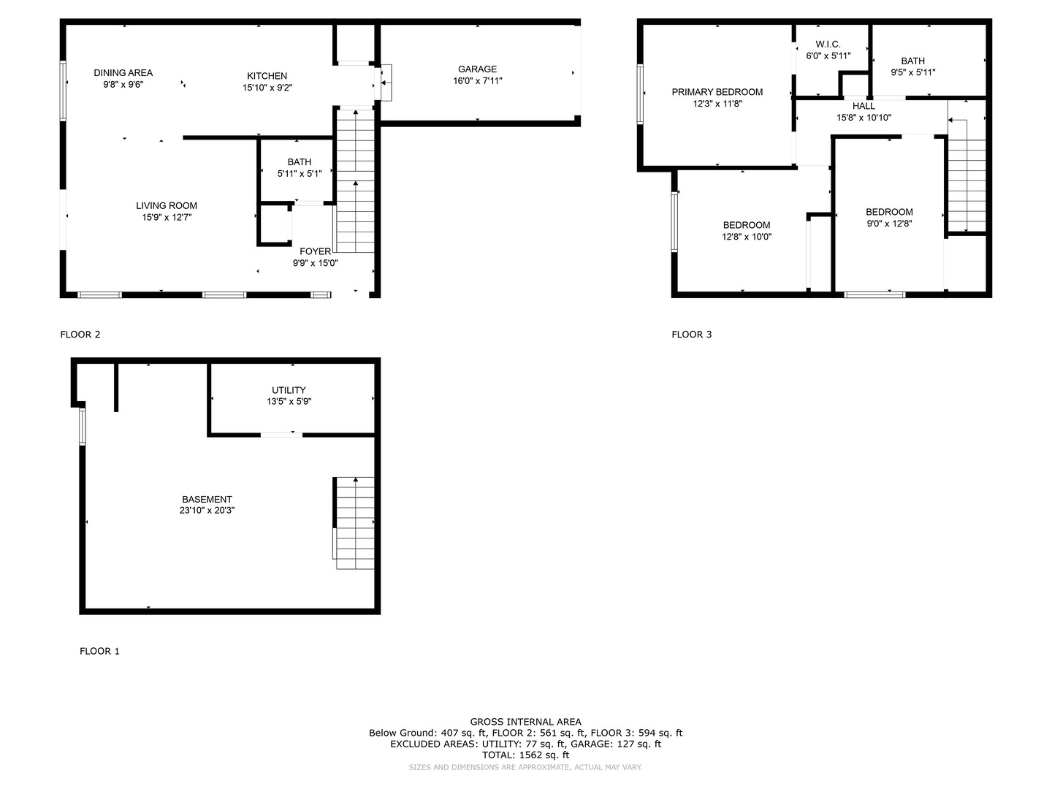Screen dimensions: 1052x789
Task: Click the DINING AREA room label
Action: coord(123,73)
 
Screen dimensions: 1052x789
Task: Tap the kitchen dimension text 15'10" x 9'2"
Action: coord(267,88)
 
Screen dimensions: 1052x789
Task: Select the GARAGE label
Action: coord(477,69)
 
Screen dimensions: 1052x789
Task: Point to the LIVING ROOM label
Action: coord(167,205)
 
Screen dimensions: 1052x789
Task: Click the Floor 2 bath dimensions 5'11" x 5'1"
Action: coord(299,173)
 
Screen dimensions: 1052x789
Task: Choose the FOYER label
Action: coord(315,251)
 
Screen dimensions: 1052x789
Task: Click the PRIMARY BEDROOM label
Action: coord(717,92)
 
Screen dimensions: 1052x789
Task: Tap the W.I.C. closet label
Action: coord(828,44)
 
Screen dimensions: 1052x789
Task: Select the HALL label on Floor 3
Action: coord(864,106)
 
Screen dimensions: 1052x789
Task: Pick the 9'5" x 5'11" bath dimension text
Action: coord(912,72)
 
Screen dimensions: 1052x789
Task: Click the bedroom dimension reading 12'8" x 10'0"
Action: coord(746,237)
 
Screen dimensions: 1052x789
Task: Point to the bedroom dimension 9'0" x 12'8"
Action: coord(889,224)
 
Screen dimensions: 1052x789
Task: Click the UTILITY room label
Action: coord(289,390)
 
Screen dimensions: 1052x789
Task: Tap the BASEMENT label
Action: coord(207,499)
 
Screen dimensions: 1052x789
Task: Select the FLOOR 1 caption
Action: coord(99,651)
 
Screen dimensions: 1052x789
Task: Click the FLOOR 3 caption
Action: coord(692,335)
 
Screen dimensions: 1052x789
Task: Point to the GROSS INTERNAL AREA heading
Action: coord(525,722)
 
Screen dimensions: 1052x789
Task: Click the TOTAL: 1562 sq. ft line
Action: coord(525,755)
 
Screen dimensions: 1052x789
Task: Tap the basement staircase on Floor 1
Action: coord(354,523)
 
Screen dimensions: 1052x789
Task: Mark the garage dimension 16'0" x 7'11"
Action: coord(477,81)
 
